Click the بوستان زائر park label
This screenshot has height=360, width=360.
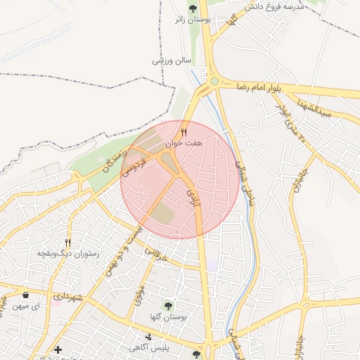pyautogui.click(x=192, y=20)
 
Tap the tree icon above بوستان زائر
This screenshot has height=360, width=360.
pyautogui.click(x=193, y=8)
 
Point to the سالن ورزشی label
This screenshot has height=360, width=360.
pyautogui.click(x=172, y=61)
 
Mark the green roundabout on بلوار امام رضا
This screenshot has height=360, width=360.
pyautogui.click(x=214, y=82)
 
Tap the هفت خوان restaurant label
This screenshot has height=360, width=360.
pyautogui.click(x=184, y=143)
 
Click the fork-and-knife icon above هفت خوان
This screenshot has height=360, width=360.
pyautogui.click(x=184, y=131)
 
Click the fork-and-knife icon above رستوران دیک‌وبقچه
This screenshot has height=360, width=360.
pyautogui.click(x=67, y=242)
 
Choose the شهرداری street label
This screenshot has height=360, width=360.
pyautogui.click(x=70, y=297)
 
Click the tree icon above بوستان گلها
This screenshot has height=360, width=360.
pyautogui.click(x=167, y=304)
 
